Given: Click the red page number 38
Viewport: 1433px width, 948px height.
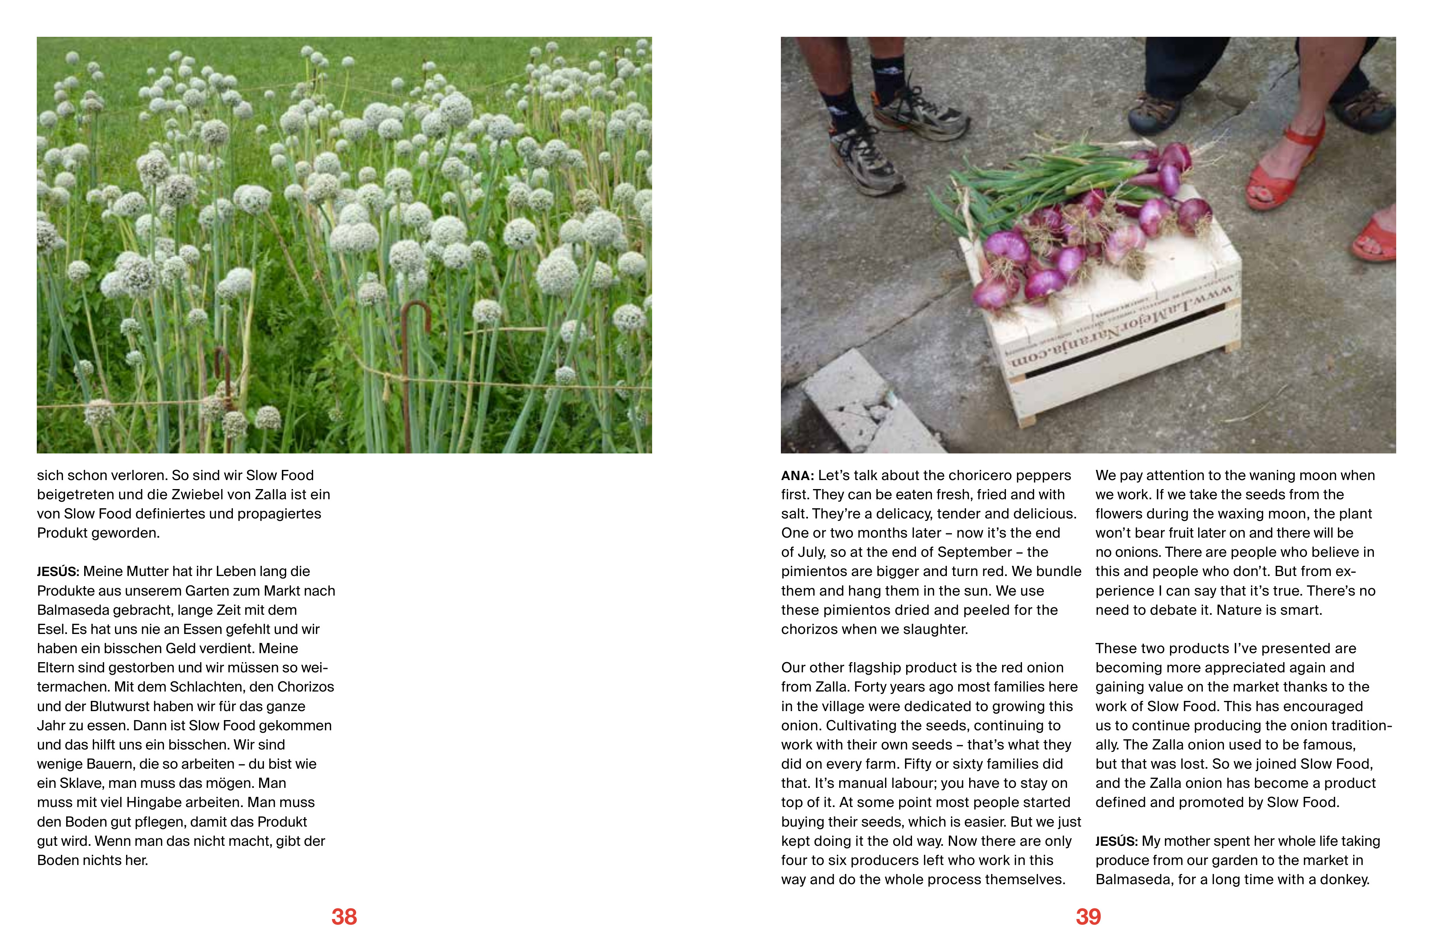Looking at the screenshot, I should click(344, 917).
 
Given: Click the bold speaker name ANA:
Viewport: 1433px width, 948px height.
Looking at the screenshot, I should click(797, 476).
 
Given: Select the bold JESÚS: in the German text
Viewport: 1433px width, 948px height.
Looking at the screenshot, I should click(58, 571).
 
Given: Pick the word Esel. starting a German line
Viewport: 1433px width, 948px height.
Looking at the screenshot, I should click(52, 629).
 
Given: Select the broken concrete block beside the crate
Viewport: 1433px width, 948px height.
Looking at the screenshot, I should click(858, 402).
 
